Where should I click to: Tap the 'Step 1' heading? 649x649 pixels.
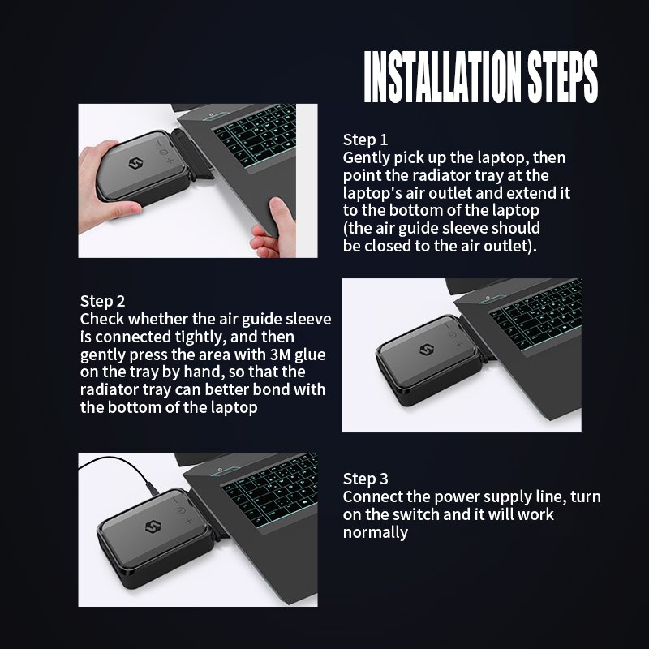pyautogui.click(x=365, y=139)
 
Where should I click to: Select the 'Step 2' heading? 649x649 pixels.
pyautogui.click(x=102, y=301)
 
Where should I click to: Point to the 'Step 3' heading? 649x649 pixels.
pyautogui.click(x=365, y=478)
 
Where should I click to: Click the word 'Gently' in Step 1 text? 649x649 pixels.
pyautogui.click(x=367, y=157)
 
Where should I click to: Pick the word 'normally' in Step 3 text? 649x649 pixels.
pyautogui.click(x=375, y=533)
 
